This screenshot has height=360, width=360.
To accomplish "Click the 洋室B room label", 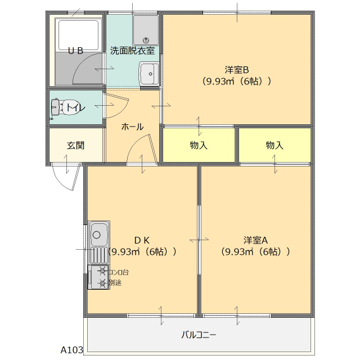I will tap(237, 70).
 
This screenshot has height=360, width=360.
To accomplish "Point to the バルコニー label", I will tap(199, 335).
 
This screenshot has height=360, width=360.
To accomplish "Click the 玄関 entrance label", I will tap(75, 145).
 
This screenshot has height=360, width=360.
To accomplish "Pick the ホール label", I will tap(133, 127).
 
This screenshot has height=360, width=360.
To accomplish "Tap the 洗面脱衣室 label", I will tap(133, 50).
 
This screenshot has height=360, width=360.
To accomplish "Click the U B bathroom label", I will tap(76, 51).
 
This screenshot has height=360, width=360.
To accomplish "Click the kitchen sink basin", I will tap(99, 233).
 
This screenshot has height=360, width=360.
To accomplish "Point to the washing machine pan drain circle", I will tap(147, 40).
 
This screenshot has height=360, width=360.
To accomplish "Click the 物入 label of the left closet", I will tap(199, 145).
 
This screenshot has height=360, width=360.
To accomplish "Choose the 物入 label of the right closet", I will tap(274, 145).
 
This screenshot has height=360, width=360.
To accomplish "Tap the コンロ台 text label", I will tap(118, 272).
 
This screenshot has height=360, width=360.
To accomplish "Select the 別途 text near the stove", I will tap(115, 282).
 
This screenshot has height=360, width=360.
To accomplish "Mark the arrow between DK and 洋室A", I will tap(199, 240).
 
